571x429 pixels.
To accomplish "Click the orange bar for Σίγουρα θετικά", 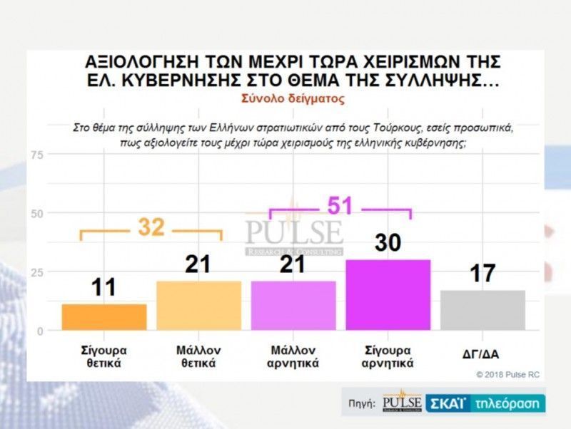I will pos(104,317).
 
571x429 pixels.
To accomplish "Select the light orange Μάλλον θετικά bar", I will pos(198,306).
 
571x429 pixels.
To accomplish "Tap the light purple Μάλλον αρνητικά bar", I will pos(293,306).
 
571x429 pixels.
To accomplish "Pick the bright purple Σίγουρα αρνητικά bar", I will pos(388,295).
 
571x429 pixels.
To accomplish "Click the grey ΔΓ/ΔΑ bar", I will pos(482,310).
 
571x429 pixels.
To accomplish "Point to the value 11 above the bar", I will pos(104,288).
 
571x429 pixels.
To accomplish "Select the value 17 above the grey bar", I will pos(482,274).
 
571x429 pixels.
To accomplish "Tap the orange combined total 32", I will pos(151,227).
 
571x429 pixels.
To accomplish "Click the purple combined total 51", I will pos(340,205).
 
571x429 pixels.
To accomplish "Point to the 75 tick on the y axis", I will pos(37,155).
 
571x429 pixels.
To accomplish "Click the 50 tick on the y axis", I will pos(37,214).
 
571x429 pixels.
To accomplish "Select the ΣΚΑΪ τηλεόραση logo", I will pos(486,403).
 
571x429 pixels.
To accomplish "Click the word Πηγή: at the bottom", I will pos(362,404).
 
